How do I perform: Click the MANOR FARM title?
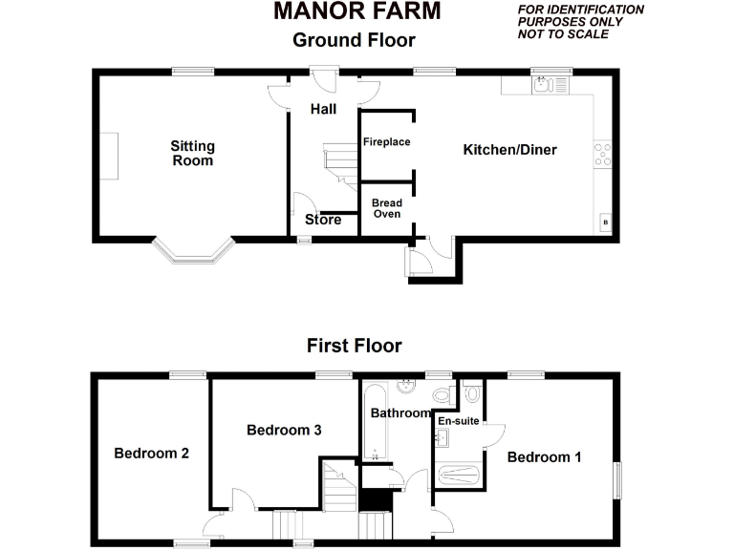point(356,11)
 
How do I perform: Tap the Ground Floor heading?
point(354,40)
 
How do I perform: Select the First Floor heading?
point(354,346)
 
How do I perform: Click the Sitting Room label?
point(192,154)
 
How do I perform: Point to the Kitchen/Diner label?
point(509,150)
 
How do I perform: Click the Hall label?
point(323,109)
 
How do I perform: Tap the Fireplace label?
point(386,142)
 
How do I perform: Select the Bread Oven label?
point(386,208)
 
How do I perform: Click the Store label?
point(323,221)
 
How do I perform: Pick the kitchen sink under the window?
point(543,85)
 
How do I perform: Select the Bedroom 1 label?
point(544,457)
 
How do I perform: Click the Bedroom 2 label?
point(151,454)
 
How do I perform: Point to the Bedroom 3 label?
point(284,431)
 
